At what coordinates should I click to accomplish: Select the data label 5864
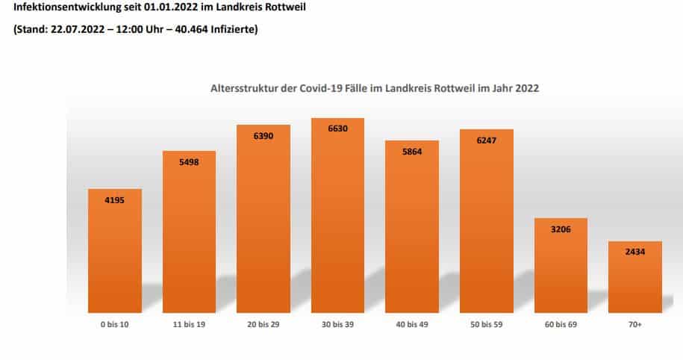412,151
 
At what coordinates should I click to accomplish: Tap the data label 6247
487,140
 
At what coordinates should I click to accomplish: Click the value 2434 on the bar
635,252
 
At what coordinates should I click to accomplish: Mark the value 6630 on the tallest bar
337,128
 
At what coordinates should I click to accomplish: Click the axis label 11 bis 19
189,326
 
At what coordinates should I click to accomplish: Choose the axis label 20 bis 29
263,326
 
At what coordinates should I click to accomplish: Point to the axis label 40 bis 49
412,326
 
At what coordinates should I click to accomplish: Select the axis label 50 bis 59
487,326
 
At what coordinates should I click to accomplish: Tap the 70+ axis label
635,326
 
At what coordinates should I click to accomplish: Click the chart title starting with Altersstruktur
374,88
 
